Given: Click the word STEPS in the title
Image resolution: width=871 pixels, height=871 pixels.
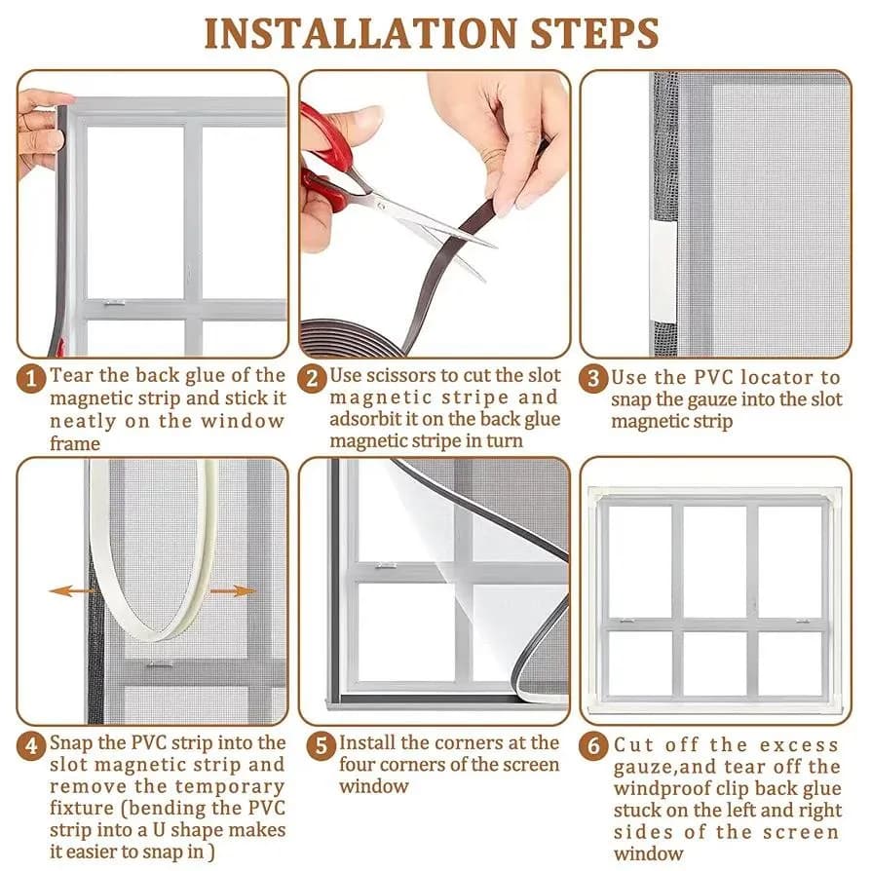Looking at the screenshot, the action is pos(595,33).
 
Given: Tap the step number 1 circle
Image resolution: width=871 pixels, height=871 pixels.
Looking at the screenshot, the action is pos(31,379).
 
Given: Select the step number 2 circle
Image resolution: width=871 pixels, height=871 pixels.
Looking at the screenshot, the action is pos(312,379).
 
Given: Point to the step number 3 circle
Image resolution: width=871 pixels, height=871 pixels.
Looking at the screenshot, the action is pos(593,379).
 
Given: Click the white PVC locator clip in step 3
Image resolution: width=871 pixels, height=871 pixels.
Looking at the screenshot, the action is pos(663,270).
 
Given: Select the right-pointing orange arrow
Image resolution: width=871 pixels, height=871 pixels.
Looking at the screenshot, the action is pos(233,591).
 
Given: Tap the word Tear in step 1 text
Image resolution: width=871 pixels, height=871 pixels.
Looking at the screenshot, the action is pos(71,375).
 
